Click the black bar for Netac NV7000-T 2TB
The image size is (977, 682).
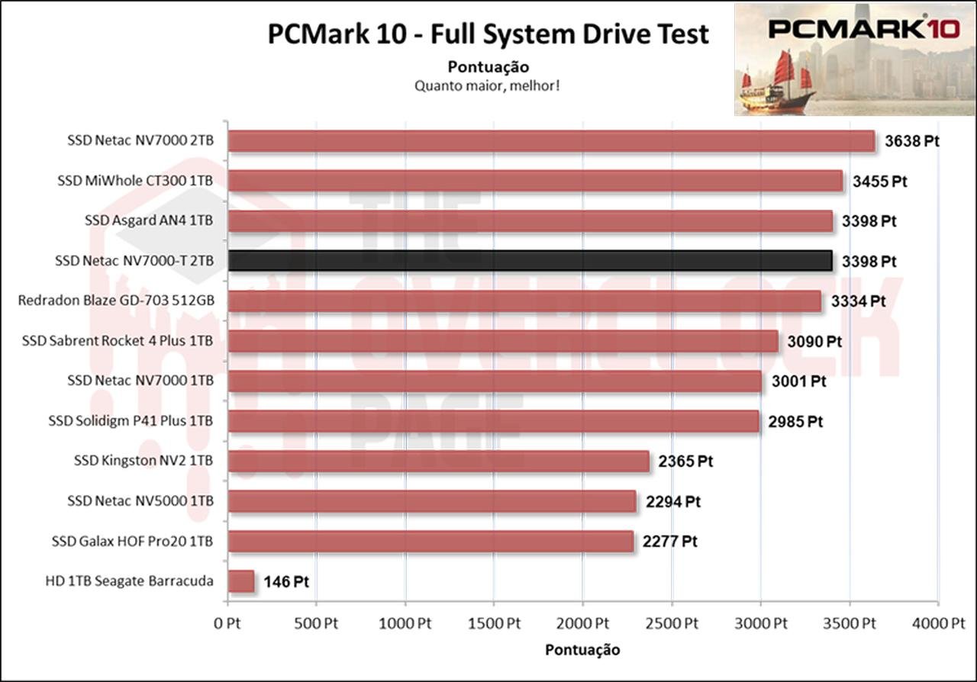tap(530, 261)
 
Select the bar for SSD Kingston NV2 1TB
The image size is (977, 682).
tap(439, 462)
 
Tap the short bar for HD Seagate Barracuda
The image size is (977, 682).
tap(241, 581)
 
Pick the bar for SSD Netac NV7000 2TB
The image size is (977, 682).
tap(551, 141)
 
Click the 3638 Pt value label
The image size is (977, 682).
tap(911, 141)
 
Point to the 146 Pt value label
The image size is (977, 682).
tap(286, 582)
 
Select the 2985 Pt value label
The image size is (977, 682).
tap(795, 421)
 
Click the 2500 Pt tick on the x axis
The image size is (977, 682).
tap(671, 623)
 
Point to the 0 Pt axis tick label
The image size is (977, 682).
tap(227, 623)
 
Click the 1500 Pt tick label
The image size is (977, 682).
tap(494, 623)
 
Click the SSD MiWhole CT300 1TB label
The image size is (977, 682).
tap(135, 182)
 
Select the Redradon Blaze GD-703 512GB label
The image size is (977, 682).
tap(115, 301)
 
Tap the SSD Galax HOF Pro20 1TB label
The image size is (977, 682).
tap(133, 542)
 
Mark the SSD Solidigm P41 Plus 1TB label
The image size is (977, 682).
tap(131, 421)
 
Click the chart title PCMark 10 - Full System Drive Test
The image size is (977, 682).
tap(488, 34)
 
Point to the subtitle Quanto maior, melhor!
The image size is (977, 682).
tap(488, 85)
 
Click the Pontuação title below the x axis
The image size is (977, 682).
tap(582, 650)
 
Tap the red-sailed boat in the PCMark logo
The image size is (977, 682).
tap(779, 80)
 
